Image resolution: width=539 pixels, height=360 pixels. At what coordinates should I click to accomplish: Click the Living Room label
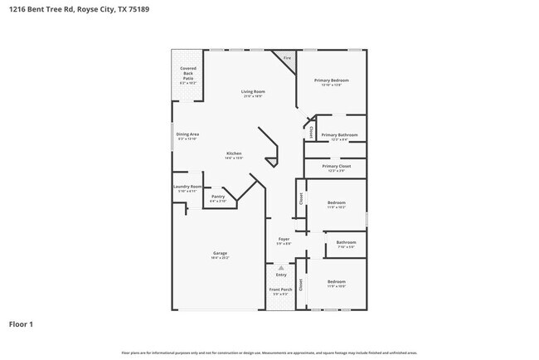click(x=253, y=91)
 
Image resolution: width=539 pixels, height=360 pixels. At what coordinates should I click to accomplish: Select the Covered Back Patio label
click(x=188, y=73)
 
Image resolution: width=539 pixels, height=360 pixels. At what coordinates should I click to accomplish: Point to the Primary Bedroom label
click(x=331, y=80)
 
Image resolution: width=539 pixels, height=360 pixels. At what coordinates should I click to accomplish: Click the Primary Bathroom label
click(x=339, y=134)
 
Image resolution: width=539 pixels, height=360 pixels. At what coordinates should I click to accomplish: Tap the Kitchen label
click(x=235, y=153)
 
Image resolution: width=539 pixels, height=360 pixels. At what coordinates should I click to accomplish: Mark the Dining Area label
click(x=187, y=134)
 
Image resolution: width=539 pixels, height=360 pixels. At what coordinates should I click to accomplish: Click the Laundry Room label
click(x=187, y=187)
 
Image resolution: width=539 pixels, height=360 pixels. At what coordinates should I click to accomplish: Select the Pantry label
click(x=218, y=197)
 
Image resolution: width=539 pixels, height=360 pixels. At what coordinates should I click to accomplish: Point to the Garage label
click(x=220, y=253)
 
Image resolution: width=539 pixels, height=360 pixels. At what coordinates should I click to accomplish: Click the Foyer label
click(x=284, y=239)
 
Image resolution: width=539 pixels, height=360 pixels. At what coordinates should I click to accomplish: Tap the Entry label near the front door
click(x=281, y=275)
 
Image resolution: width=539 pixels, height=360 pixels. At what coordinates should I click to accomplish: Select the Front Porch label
click(x=279, y=289)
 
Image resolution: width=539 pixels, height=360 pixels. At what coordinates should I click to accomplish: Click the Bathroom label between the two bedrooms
click(x=345, y=242)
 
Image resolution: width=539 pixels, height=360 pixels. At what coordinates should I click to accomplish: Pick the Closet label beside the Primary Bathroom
click(x=311, y=132)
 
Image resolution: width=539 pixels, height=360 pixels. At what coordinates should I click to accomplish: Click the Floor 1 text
click(x=22, y=324)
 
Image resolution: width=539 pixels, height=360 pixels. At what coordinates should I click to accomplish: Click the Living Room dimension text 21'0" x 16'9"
click(x=253, y=96)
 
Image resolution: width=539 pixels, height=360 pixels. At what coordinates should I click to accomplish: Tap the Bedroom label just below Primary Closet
click(x=336, y=202)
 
